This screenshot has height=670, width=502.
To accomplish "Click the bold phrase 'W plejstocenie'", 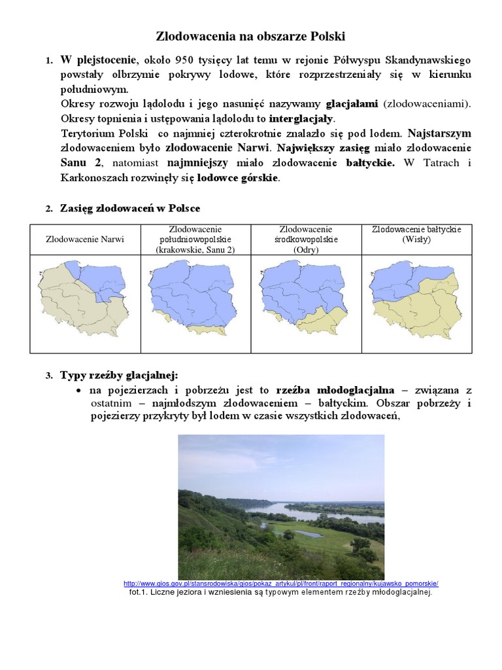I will pyautogui.click(x=99, y=60).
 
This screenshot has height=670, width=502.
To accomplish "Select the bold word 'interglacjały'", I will pyautogui.click(x=301, y=118).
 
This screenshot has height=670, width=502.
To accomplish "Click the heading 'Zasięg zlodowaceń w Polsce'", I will pyautogui.click(x=130, y=208).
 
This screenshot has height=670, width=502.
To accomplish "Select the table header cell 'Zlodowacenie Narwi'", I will pyautogui.click(x=85, y=239).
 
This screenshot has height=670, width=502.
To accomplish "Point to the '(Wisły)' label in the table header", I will pyautogui.click(x=416, y=239).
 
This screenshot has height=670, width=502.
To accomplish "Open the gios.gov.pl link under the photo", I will pyautogui.click(x=280, y=584).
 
